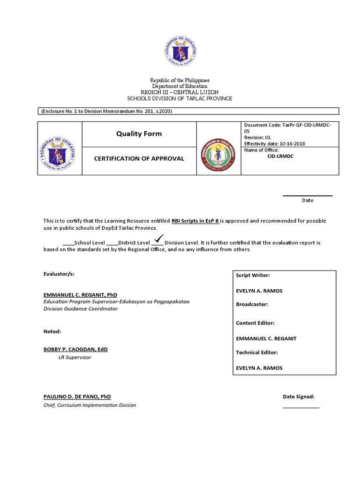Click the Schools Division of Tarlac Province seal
[218, 155]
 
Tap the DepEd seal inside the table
[60, 148]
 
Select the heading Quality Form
[139, 134]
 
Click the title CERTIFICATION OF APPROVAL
[139, 158]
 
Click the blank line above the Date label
[307, 195]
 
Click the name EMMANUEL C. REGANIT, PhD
[80, 295]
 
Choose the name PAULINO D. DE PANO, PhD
[77, 397]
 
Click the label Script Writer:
[253, 276]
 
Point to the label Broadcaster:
[252, 304]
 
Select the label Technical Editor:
[257, 352]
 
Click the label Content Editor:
[255, 323]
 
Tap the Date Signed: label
[298, 397]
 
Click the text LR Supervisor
[74, 358]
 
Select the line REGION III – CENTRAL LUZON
[180, 92]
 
